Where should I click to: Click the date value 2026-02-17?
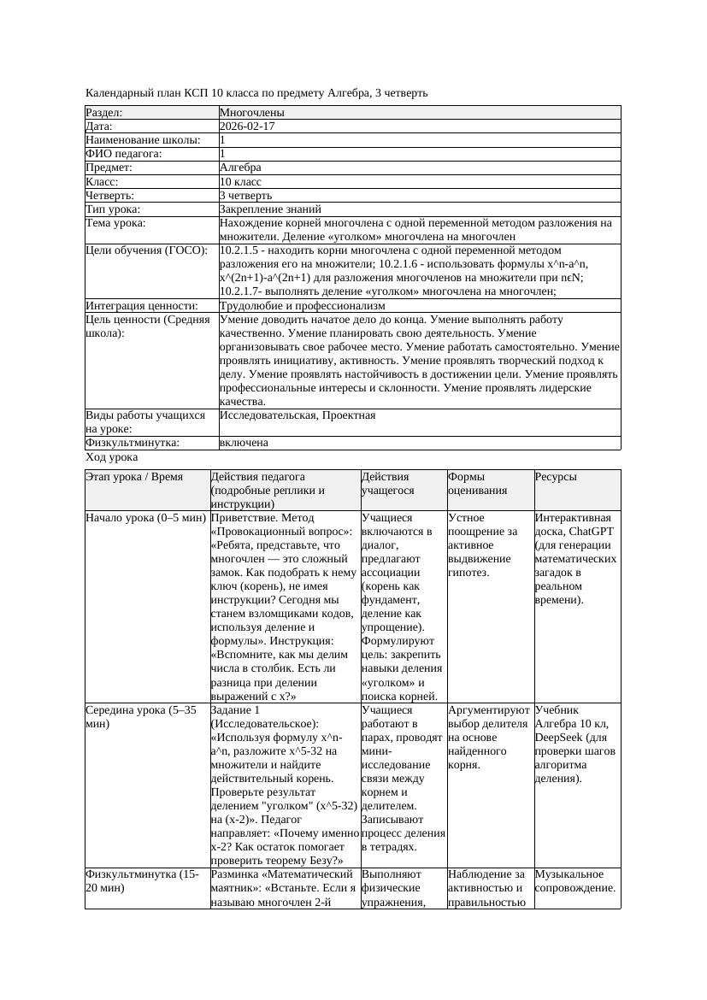[x=246, y=126]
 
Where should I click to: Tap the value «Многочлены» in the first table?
[x=252, y=113]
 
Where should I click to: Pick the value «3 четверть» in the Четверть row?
[x=245, y=196]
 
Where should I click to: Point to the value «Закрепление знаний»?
[x=270, y=209]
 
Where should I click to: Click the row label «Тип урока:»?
[x=113, y=209]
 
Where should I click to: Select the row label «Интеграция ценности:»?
[x=141, y=306]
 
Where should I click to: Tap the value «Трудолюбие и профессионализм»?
[x=302, y=306]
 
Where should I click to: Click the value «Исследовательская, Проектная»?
[x=298, y=415]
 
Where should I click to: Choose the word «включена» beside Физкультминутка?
[x=244, y=443]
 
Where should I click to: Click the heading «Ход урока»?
[x=112, y=457]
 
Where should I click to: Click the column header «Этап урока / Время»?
[x=134, y=477]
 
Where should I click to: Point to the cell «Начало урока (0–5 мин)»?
[x=146, y=518]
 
